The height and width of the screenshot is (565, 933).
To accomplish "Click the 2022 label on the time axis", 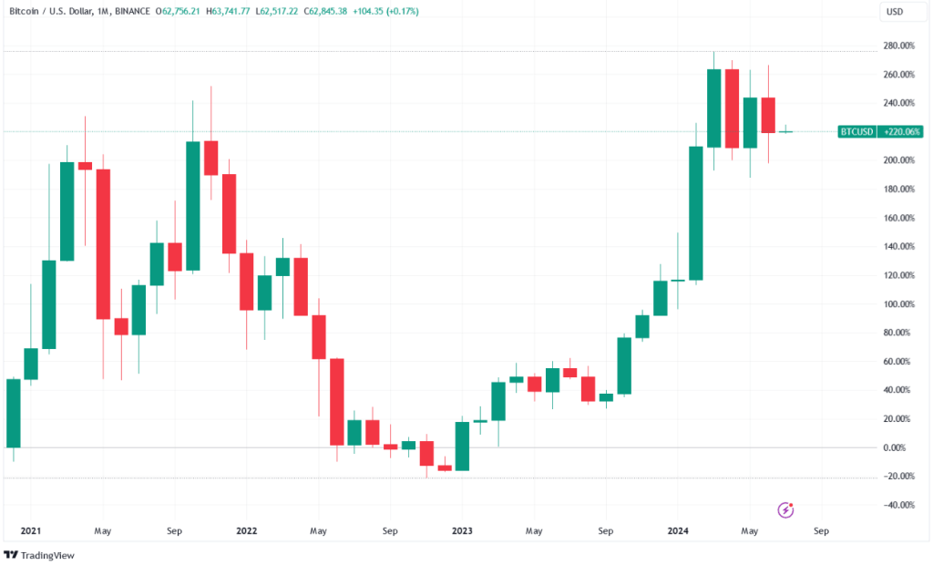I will pyautogui.click(x=246, y=529).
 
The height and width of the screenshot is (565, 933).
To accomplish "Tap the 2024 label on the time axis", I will pyautogui.click(x=677, y=529).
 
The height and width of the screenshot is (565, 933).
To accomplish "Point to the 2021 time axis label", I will pyautogui.click(x=31, y=529).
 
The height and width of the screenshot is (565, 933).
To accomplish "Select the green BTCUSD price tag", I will pyautogui.click(x=856, y=132).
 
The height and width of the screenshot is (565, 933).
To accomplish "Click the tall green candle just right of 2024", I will pyautogui.click(x=696, y=213).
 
